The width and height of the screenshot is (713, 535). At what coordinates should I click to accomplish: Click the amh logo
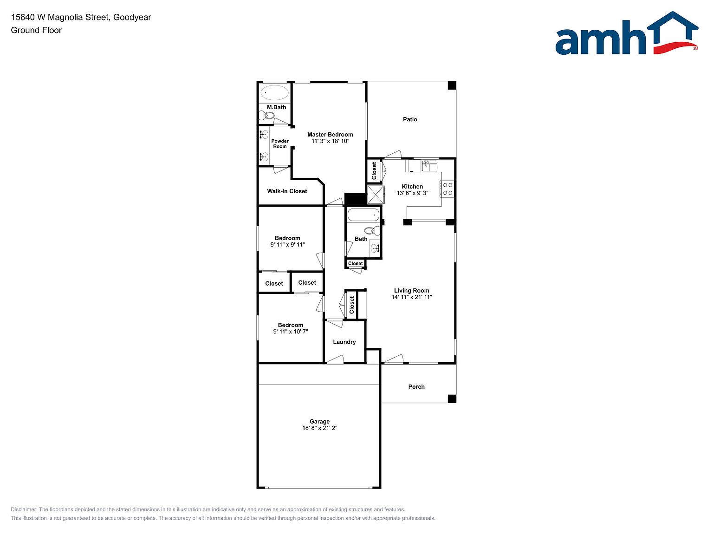[627, 33]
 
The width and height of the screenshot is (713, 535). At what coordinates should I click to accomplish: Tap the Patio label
[410, 119]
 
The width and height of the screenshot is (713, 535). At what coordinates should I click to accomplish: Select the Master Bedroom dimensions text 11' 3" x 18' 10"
[331, 141]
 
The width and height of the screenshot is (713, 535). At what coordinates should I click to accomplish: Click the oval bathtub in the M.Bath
[274, 92]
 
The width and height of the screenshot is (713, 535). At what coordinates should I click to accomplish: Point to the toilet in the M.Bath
[267, 115]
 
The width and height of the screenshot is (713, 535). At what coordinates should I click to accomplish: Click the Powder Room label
[280, 144]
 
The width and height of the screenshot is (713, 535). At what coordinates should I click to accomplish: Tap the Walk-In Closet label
[287, 191]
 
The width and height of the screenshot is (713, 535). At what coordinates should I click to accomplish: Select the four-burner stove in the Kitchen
[447, 189]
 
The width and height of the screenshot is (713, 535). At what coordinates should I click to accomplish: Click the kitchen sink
[429, 166]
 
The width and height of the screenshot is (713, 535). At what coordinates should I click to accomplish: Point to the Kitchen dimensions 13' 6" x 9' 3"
[412, 193]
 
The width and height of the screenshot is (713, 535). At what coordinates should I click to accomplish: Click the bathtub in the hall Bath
[363, 215]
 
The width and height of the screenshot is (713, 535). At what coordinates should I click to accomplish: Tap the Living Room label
[412, 290]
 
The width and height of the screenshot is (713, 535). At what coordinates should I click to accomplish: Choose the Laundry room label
[344, 342]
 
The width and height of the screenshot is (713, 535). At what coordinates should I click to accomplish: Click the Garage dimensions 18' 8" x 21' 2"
[320, 428]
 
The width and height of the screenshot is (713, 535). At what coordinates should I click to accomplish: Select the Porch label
[416, 386]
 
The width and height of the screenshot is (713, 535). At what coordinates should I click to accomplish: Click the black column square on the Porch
[452, 399]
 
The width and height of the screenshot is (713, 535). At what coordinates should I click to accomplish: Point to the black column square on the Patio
[452, 85]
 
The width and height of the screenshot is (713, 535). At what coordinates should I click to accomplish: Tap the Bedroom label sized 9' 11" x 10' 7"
[291, 325]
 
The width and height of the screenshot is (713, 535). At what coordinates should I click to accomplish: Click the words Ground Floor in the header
[36, 30]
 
